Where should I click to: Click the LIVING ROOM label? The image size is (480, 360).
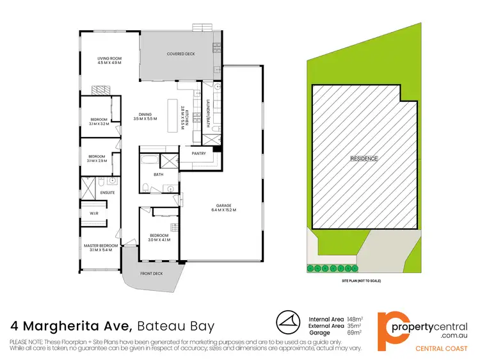109,58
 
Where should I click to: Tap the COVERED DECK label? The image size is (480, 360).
180,54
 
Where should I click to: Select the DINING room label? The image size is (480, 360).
144,114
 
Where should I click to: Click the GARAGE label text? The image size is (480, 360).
224,205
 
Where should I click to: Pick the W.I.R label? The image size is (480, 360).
93,213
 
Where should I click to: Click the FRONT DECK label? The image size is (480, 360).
152,273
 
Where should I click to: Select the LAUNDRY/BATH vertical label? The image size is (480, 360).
208,111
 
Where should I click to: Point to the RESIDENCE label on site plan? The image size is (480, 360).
363,158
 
